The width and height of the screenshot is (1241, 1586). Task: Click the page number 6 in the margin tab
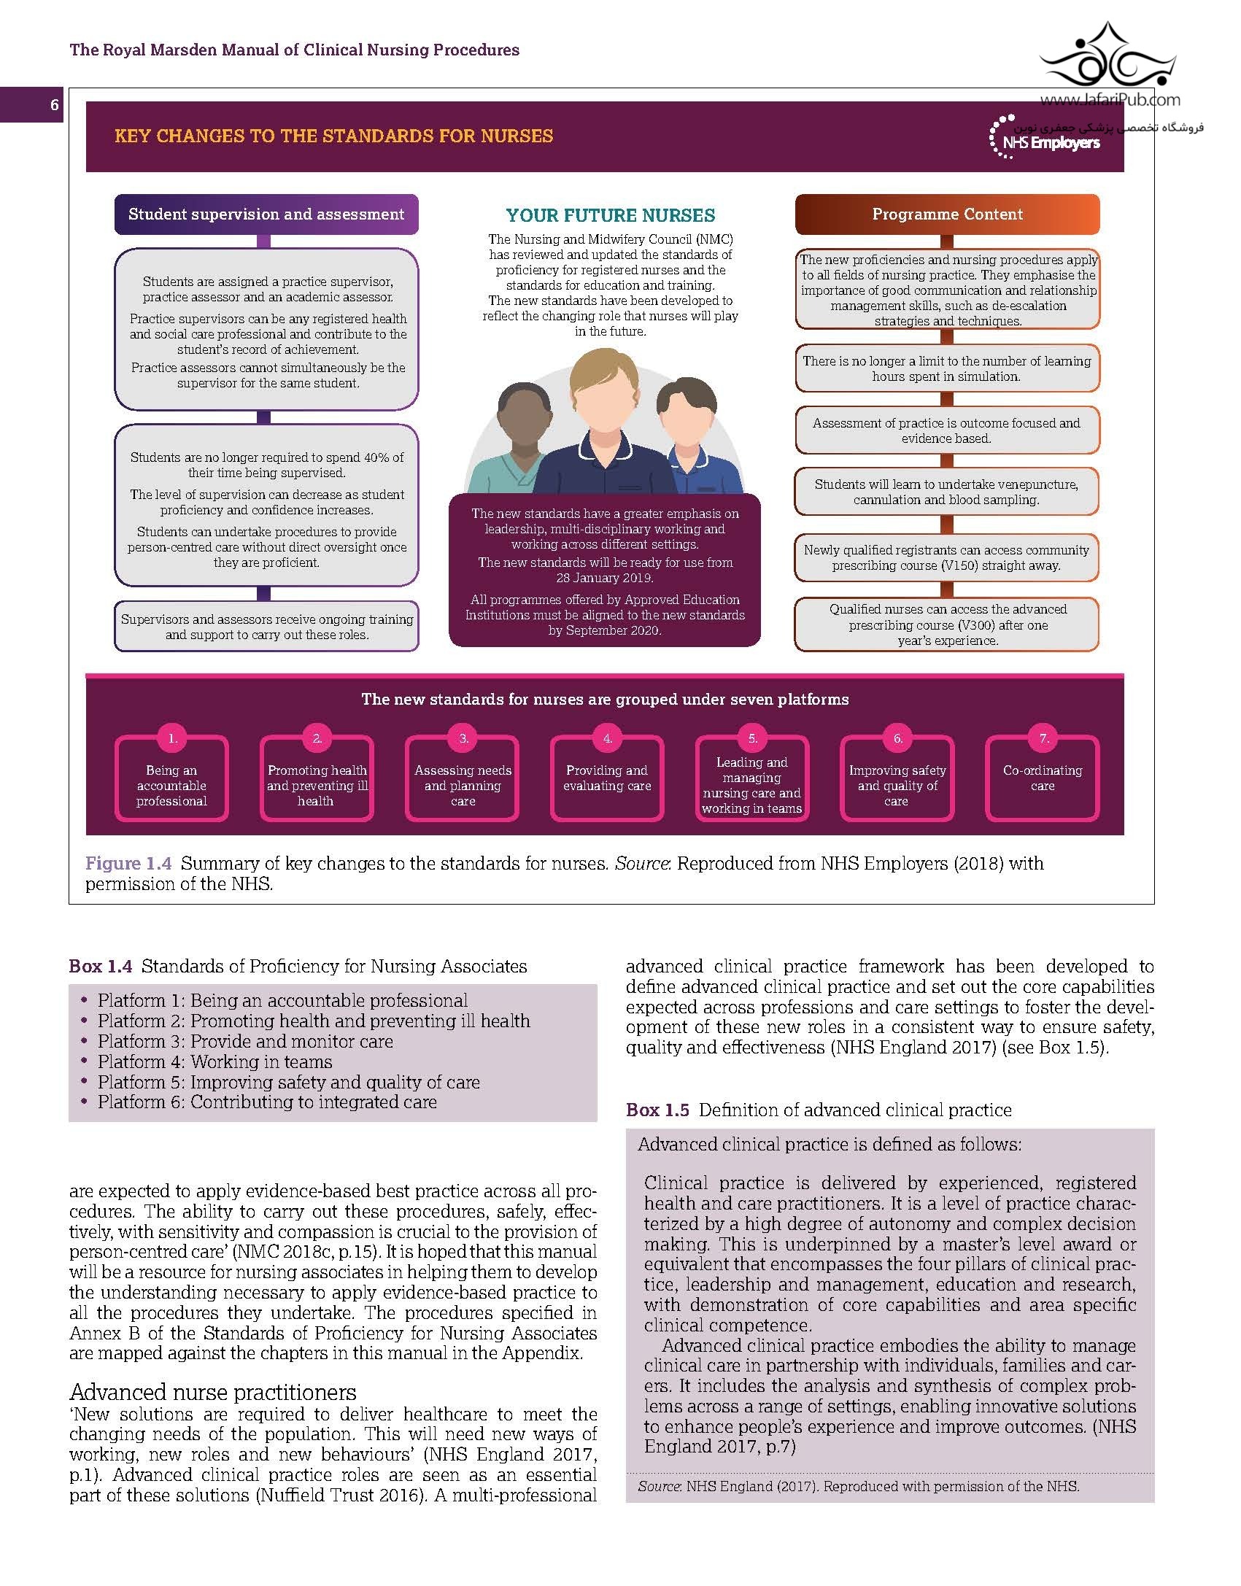coord(54,105)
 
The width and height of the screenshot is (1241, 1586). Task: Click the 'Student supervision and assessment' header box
coord(266,214)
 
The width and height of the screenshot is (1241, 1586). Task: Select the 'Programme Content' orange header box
coord(947,214)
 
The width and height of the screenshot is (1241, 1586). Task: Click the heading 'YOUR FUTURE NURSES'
coord(611,215)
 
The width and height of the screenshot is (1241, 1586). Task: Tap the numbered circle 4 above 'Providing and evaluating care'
coord(607,738)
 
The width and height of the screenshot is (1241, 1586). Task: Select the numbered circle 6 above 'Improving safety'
coord(897,738)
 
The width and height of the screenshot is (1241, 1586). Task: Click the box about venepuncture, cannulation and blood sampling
coord(946,492)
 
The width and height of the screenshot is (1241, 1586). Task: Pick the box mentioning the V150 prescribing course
coord(946,557)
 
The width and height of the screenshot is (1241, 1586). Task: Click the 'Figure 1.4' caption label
coord(128,864)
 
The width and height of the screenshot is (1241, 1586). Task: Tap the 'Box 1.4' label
coord(101,967)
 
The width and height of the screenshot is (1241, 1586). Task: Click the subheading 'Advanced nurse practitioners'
coord(213,1393)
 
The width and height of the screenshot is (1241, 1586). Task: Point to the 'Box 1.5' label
coord(657,1110)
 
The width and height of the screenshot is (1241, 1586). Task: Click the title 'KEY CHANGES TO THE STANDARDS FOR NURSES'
coord(334,136)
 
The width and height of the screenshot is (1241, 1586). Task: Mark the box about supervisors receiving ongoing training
coord(266,627)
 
